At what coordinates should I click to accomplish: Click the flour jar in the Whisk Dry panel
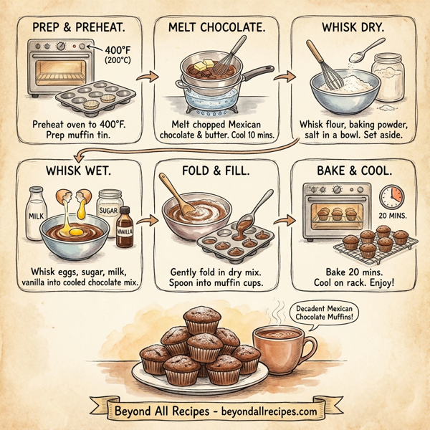point(388,75)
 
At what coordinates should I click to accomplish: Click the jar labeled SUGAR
point(109,205)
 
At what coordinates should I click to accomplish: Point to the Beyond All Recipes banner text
point(216,411)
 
